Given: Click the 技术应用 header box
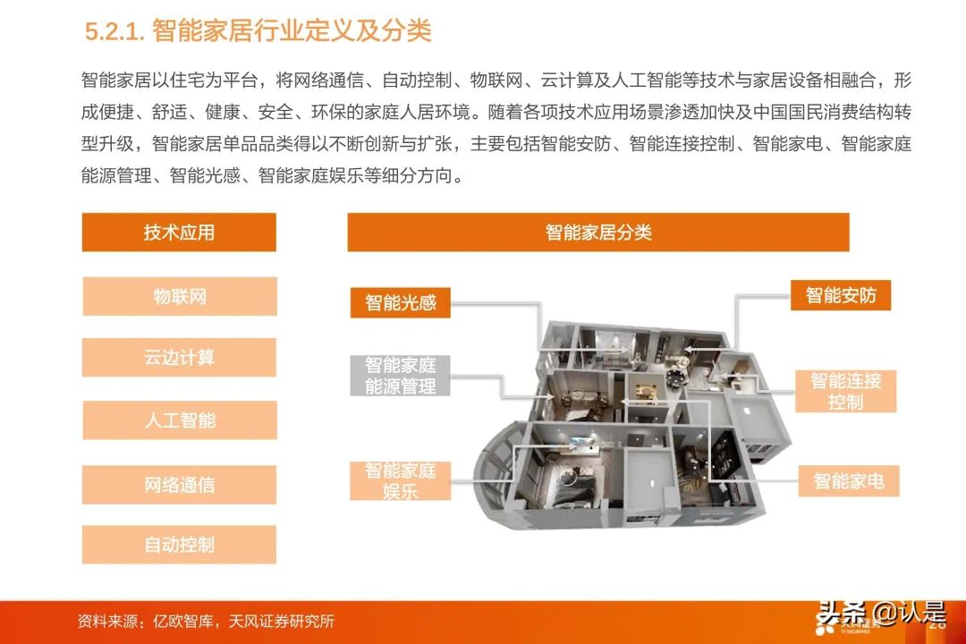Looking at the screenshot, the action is (179, 233).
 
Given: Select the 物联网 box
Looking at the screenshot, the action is (179, 296).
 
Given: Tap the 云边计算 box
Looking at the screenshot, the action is (179, 358).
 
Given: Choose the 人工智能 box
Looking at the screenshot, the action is (179, 420).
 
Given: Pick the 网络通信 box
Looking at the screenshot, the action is (179, 485).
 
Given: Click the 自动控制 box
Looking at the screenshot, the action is (179, 545).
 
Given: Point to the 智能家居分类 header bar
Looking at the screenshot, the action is (598, 233).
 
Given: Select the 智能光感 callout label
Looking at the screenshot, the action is (401, 302).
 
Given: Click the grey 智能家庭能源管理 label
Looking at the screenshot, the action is (401, 376).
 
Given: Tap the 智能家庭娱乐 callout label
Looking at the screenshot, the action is (401, 480).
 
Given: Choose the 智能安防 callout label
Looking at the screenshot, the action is (841, 295).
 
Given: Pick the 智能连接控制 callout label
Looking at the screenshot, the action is (846, 392).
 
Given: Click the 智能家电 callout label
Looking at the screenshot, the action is (849, 480).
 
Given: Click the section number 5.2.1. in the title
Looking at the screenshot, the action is (114, 31).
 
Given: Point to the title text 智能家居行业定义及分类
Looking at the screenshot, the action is (292, 30).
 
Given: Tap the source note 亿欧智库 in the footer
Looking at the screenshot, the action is (183, 622).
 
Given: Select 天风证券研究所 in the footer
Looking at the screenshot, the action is (282, 622).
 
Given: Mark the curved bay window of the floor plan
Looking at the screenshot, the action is (496, 470).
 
